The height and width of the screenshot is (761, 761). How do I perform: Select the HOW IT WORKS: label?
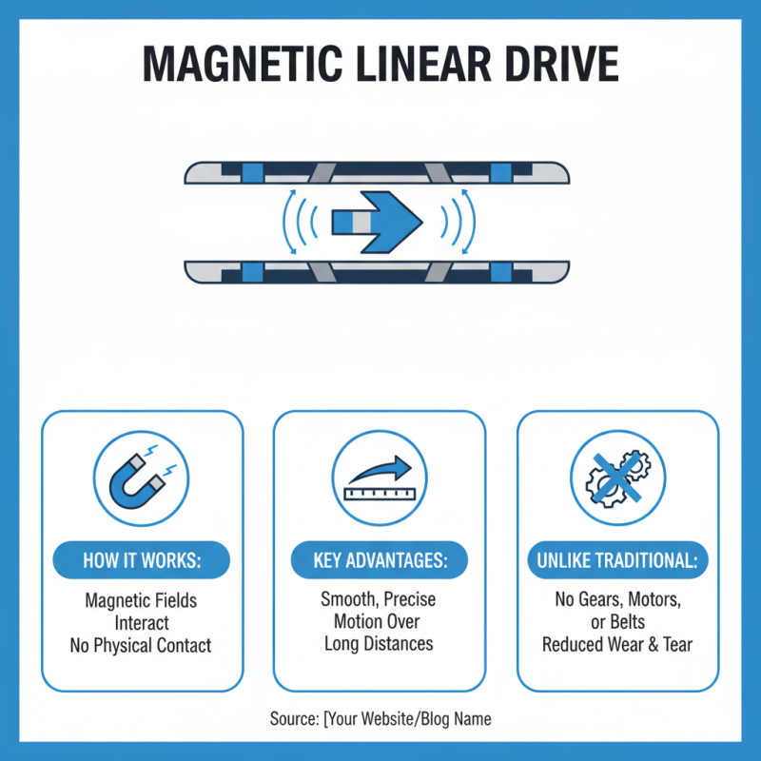tap(142, 561)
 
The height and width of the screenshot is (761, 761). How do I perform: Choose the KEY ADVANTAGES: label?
tap(380, 561)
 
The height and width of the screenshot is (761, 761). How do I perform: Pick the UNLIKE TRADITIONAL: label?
tap(617, 561)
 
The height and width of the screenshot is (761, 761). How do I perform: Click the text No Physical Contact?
tap(141, 646)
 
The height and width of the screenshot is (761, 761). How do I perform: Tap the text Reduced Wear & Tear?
tap(617, 644)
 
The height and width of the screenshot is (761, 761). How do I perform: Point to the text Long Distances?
tap(379, 644)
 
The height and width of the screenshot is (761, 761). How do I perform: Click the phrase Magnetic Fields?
tap(141, 601)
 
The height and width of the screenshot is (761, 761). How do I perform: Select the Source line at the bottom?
tap(380, 718)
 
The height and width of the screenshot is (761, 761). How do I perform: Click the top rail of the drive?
tap(378, 172)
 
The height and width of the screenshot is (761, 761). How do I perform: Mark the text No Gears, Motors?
tap(617, 600)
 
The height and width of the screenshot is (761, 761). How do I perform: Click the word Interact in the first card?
tap(141, 624)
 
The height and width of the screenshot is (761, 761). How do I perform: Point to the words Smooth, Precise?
tap(379, 600)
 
